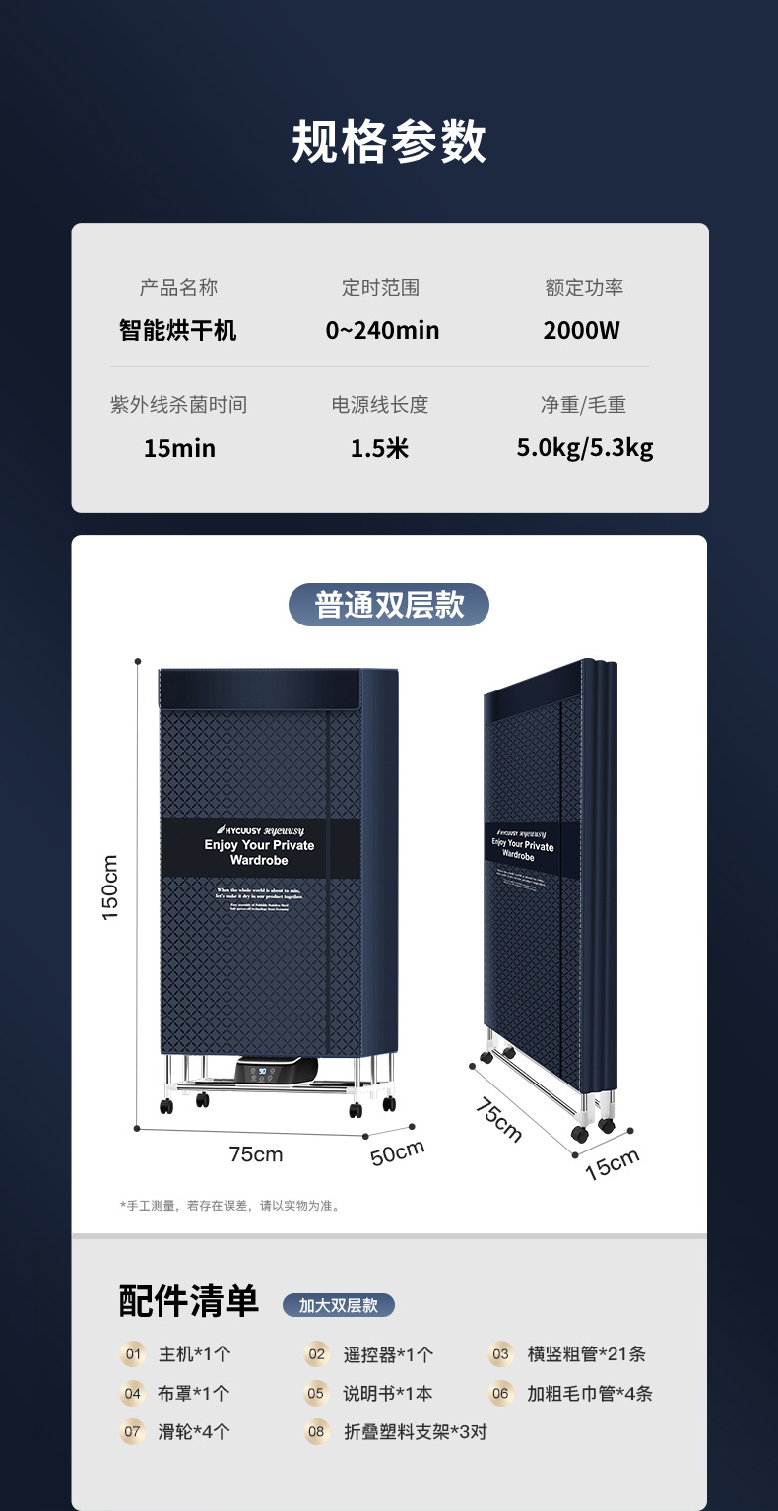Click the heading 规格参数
[389, 142]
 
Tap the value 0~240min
[382, 331]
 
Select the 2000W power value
[582, 331]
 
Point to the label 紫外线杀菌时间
[178, 405]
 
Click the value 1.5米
[380, 449]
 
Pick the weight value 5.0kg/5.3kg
[585, 449]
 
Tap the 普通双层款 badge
[389, 605]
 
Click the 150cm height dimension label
[110, 887]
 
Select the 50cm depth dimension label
[397, 1151]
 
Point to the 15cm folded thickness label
[612, 1163]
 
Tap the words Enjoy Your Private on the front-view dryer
[259, 845]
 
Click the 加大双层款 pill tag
[339, 1305]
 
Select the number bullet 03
[501, 1354]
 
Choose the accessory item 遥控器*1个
[388, 1354]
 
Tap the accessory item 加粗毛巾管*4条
[589, 1394]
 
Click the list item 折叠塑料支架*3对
[415, 1432]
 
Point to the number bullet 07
[132, 1432]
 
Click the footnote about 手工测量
[229, 1205]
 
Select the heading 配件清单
[189, 1301]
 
